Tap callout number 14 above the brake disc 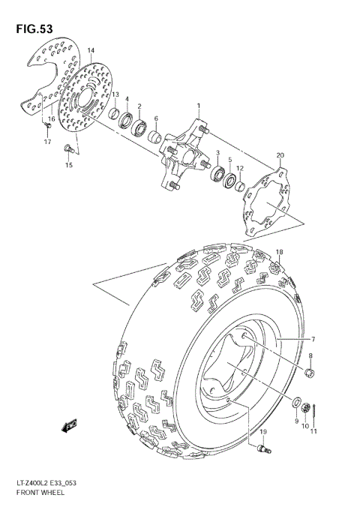pos(90,51)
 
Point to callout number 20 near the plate pos(280,155)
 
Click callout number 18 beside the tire pos(279,252)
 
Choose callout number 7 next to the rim pos(313,340)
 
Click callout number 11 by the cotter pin pos(315,431)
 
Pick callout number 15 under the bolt pos(69,165)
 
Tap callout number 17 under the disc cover pos(46,142)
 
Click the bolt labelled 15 pos(68,147)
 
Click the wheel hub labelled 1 pos(183,154)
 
